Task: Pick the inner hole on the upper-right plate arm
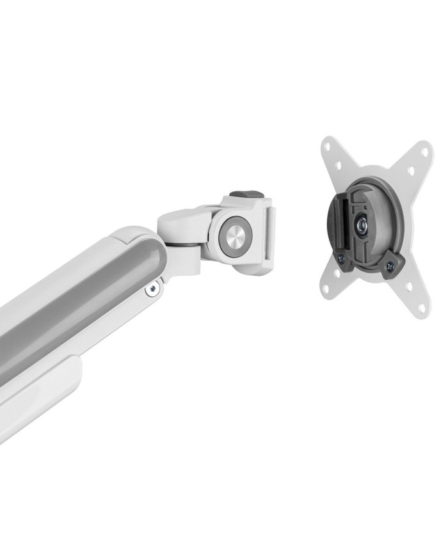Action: click(410, 171)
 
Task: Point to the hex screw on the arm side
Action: click(152, 290)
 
